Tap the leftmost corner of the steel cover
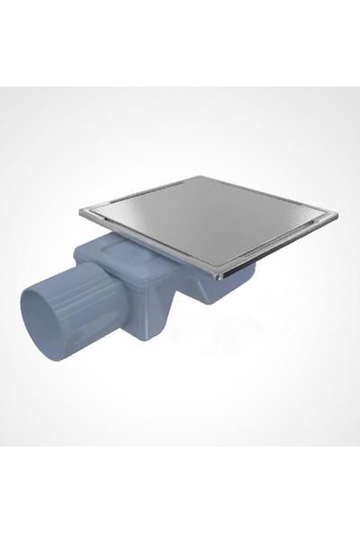80,210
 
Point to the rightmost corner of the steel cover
337,216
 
